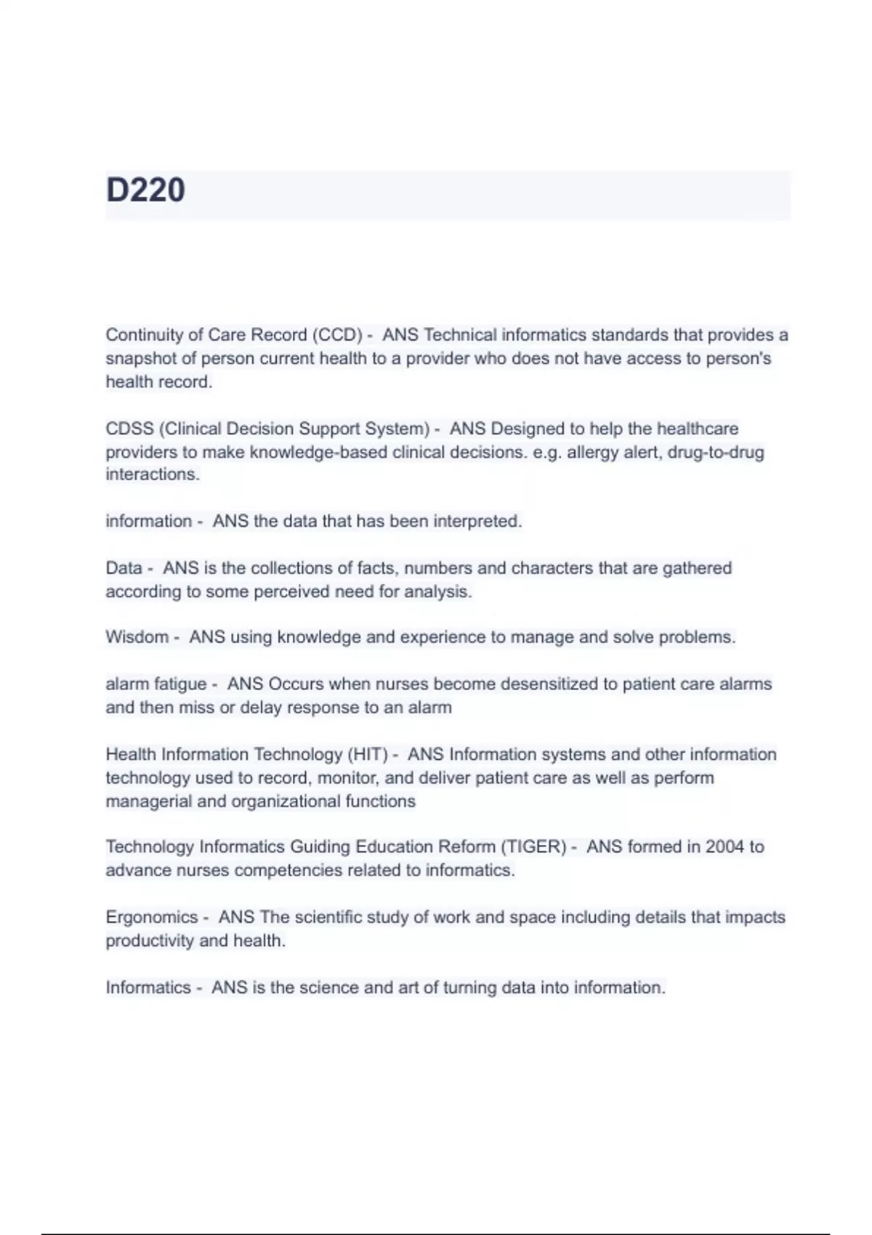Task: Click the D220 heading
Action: pyautogui.click(x=145, y=190)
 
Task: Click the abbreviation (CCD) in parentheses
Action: pyautogui.click(x=337, y=335)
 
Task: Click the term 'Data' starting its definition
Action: pyautogui.click(x=124, y=568)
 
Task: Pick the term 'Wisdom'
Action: pyautogui.click(x=137, y=637)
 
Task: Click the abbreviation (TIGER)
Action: pyautogui.click(x=533, y=847)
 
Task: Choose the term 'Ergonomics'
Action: pyautogui.click(x=151, y=918)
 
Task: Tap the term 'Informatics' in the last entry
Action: pyautogui.click(x=148, y=988)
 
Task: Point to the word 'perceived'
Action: pyautogui.click(x=294, y=592)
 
